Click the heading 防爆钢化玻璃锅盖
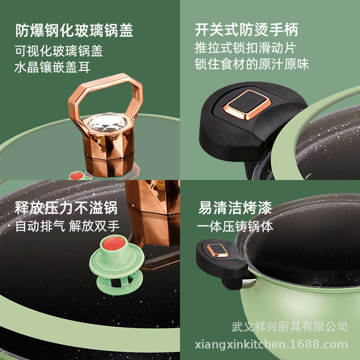tap(74, 30)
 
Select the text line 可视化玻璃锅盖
tap(58, 51)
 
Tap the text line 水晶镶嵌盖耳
tap(52, 67)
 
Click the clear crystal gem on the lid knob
tap(108, 122)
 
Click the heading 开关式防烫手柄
tap(246, 30)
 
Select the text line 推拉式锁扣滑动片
tap(245, 48)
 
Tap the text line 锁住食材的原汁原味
tap(252, 64)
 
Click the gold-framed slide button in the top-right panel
tap(247, 105)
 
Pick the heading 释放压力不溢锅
tap(66, 208)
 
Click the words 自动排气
tap(40, 226)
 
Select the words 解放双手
tap(94, 226)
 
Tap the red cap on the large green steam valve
tap(114, 243)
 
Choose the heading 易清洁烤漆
tap(235, 208)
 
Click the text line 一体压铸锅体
tap(235, 226)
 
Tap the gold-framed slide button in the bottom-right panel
tap(217, 250)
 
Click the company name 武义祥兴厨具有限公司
tap(289, 327)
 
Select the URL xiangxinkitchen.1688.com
tap(271, 345)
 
